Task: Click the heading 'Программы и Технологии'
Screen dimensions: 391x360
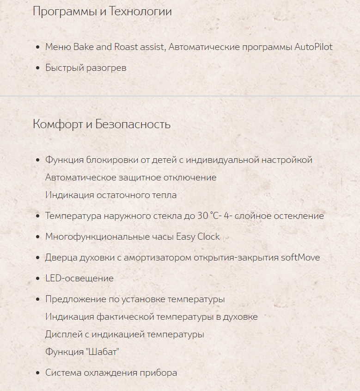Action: pos(102,12)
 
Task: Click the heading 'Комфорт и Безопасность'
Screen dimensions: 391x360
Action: pos(102,124)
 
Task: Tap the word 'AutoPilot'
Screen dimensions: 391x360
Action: pos(313,47)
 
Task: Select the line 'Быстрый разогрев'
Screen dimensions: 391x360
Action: pos(85,68)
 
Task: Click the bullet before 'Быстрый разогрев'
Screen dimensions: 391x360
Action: pos(38,68)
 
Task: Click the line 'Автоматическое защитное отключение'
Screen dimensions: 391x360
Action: pos(131,177)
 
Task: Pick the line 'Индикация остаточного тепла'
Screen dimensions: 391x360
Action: pos(111,195)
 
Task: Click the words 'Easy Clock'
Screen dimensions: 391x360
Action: pos(198,236)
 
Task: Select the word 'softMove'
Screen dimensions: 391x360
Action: pos(300,257)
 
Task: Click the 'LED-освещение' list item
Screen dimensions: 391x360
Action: pos(79,278)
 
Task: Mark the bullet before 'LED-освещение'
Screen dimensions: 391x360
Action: pos(38,279)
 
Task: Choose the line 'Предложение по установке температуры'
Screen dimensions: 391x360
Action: pos(135,299)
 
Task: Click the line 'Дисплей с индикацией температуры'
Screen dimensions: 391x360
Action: pos(124,334)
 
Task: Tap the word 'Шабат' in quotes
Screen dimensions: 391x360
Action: pos(102,352)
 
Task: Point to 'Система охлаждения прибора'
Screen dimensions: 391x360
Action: pos(111,372)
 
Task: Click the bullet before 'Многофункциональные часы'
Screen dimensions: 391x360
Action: pos(38,237)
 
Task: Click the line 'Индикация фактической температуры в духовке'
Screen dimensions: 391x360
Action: pos(151,317)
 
